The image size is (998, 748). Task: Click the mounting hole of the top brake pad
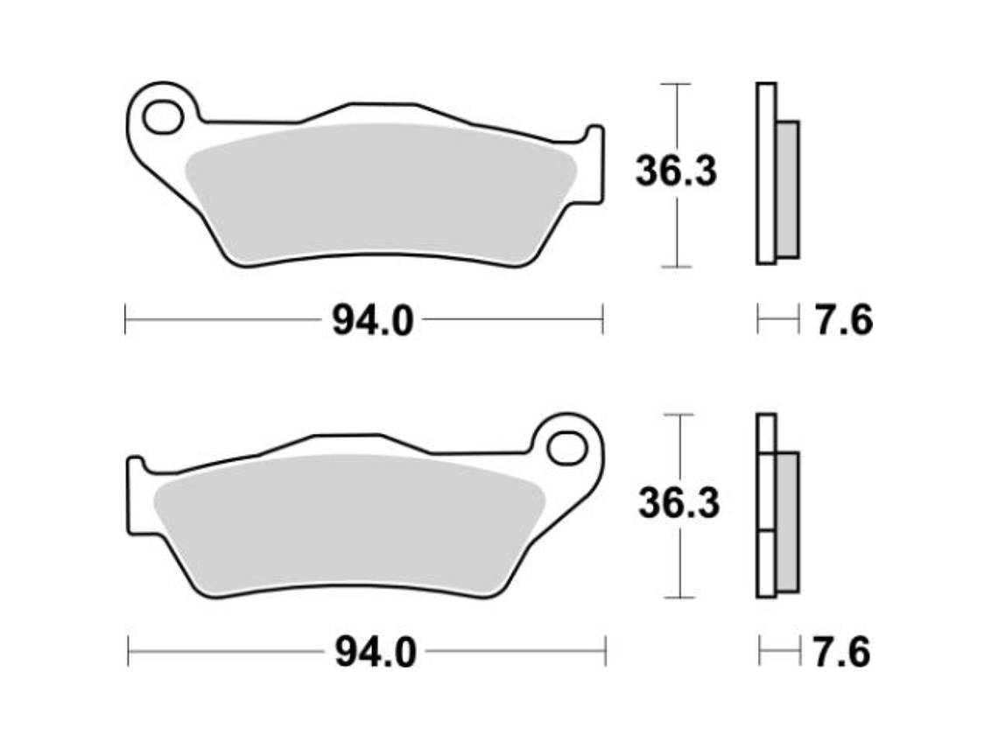pos(164,117)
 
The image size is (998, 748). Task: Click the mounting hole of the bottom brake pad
pos(566,449)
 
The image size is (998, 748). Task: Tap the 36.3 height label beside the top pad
pos(676,171)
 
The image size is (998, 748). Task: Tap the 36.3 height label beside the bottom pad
pos(679,503)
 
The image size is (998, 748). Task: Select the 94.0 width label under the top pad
pos(373,320)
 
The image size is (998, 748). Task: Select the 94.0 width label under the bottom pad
pos(376,652)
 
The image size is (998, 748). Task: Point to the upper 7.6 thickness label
pos(844,320)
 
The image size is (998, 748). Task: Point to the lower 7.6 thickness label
pos(841,652)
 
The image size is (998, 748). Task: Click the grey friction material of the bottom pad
pos(349,525)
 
